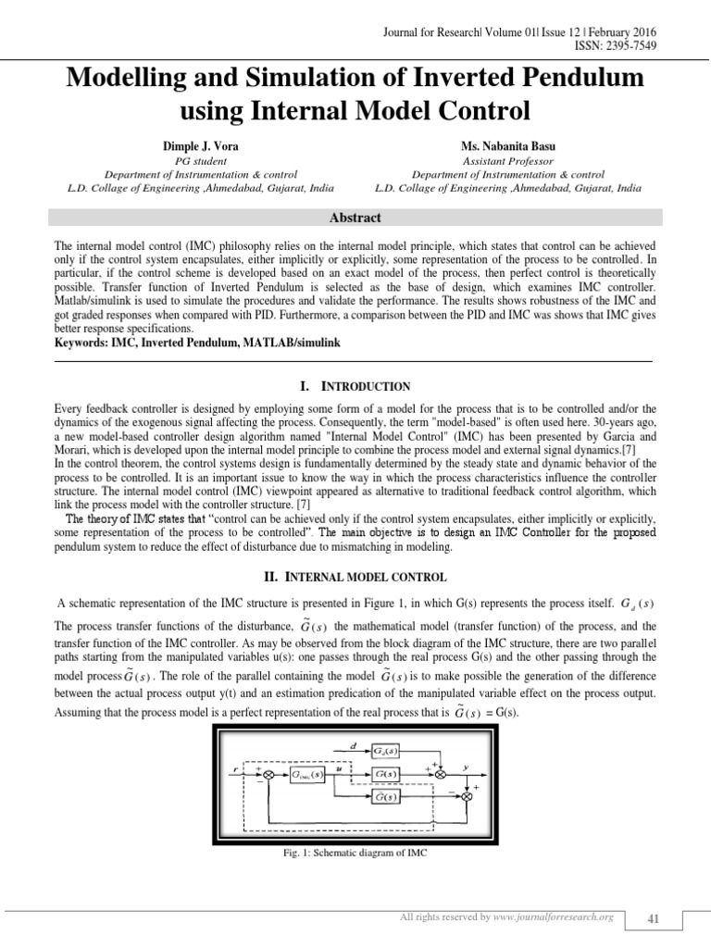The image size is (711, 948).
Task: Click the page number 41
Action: click(654, 917)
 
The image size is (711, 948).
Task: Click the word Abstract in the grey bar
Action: click(355, 218)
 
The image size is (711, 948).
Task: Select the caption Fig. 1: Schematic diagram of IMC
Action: click(355, 853)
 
